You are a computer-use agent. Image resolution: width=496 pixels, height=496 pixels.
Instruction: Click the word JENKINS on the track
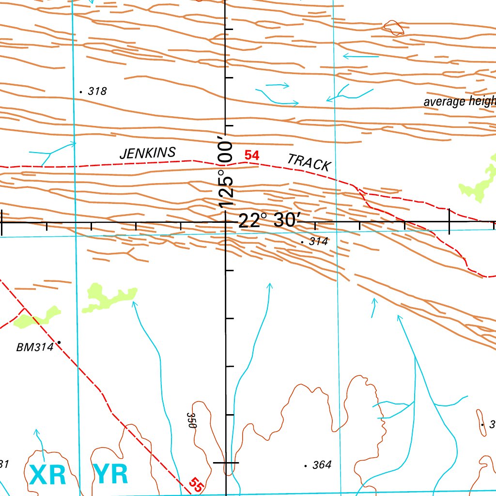tap(147, 153)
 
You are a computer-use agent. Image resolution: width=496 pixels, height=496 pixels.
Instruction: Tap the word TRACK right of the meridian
tap(309, 162)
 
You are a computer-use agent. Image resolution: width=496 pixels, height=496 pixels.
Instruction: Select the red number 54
tap(252, 155)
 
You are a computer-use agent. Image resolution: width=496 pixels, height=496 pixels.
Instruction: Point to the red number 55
tap(196, 485)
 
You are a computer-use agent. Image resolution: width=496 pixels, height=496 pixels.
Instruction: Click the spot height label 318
tap(97, 91)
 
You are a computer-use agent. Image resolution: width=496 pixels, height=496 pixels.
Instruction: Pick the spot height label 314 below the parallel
tap(318, 241)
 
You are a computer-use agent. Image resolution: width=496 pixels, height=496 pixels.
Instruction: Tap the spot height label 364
tap(322, 465)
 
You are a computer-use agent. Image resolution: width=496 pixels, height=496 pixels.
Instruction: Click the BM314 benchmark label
tap(34, 347)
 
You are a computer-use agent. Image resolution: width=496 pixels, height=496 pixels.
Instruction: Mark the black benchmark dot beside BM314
tap(59, 342)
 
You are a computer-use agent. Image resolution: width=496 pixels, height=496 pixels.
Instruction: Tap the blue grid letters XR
tap(47, 475)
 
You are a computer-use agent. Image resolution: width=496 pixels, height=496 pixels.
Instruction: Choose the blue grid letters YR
tap(111, 475)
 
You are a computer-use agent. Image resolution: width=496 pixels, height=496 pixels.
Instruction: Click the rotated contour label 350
tap(192, 420)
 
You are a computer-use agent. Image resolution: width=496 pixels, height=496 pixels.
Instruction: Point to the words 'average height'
tap(459, 102)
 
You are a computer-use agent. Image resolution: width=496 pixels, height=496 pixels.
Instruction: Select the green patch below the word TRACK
tap(477, 182)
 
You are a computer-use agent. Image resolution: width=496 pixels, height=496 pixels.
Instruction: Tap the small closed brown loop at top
tap(393, 27)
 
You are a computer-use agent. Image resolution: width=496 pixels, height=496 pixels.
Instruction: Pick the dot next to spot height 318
tap(80, 91)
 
